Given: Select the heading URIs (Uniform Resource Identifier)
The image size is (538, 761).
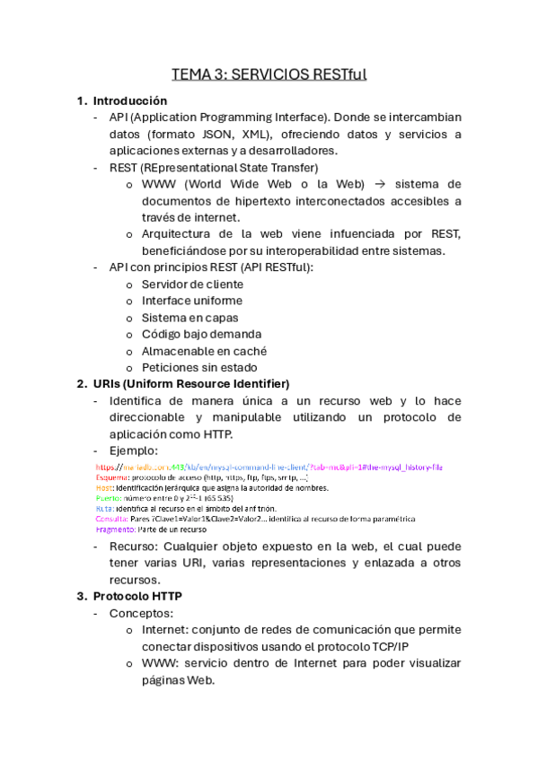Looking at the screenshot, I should pyautogui.click(x=190, y=384).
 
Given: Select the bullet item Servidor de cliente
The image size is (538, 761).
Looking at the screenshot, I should pyautogui.click(x=192, y=284).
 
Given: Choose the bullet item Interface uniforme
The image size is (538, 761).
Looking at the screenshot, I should pyautogui.click(x=192, y=301).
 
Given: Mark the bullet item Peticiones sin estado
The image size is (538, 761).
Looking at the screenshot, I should pyautogui.click(x=199, y=367).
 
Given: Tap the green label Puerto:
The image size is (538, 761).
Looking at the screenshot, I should pyautogui.click(x=109, y=498).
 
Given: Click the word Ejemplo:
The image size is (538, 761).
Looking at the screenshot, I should pyautogui.click(x=134, y=450).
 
